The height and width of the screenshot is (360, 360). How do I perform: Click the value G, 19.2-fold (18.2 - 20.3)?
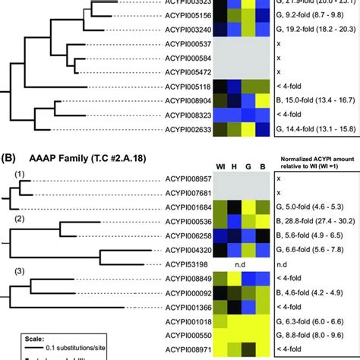(315, 30)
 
